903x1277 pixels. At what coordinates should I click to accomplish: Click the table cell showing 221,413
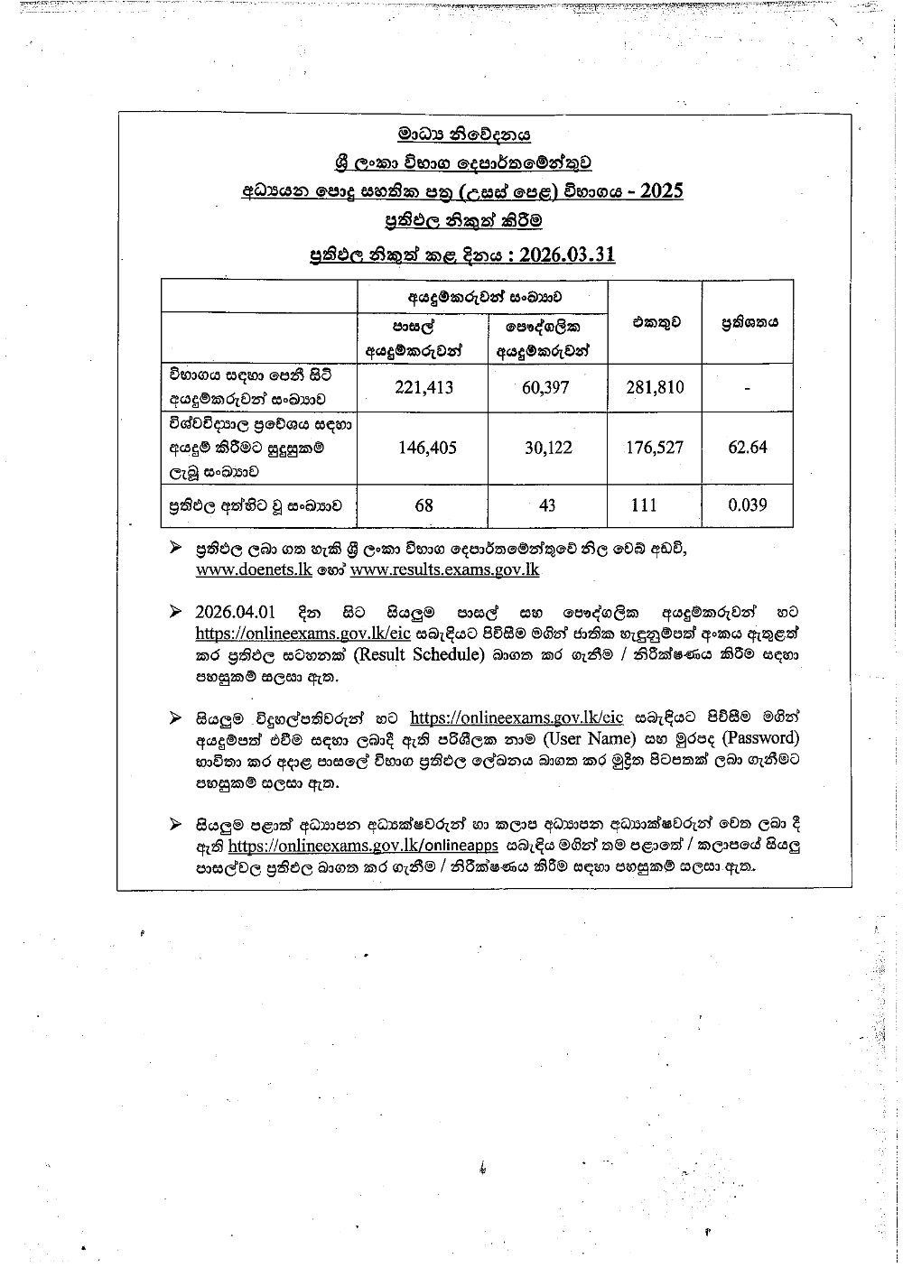click(x=424, y=387)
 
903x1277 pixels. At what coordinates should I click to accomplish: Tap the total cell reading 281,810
click(x=655, y=387)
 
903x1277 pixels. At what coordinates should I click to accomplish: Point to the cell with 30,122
click(x=548, y=447)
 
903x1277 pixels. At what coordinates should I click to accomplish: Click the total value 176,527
click(x=655, y=447)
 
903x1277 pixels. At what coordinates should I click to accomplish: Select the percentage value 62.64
click(x=748, y=447)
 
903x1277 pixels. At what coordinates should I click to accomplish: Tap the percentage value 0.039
click(x=748, y=505)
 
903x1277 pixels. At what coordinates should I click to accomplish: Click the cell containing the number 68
click(x=424, y=505)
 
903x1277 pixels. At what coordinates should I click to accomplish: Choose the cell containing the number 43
click(x=547, y=505)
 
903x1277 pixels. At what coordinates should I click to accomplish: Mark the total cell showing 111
click(x=644, y=505)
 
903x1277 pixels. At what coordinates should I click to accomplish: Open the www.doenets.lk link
click(x=254, y=569)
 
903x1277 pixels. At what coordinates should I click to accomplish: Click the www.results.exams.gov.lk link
click(x=444, y=569)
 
